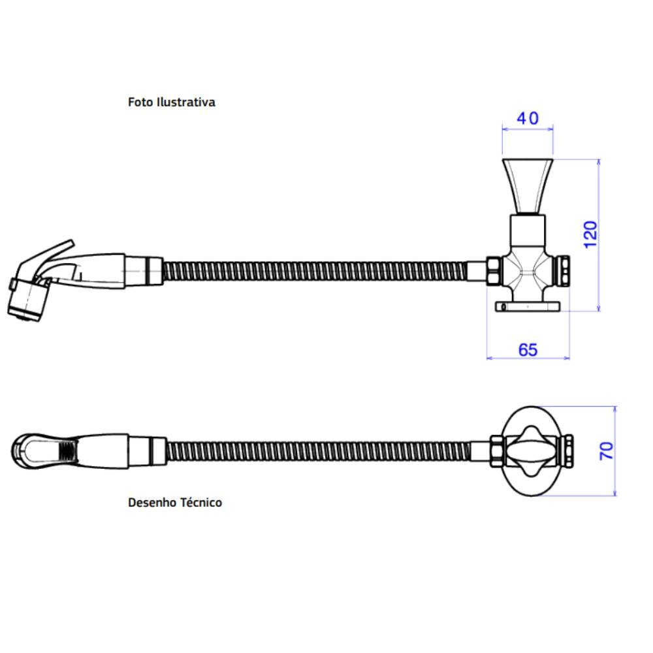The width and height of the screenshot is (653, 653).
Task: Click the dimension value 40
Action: click(528, 118)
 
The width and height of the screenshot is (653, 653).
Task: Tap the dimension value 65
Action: click(528, 349)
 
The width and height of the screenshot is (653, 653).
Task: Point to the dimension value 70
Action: click(607, 451)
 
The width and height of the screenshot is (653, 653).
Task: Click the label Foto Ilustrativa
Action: click(172, 103)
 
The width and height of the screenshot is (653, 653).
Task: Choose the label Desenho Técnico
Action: click(175, 503)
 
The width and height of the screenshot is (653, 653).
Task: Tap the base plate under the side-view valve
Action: click(528, 306)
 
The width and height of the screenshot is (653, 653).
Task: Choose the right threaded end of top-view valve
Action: click(568, 451)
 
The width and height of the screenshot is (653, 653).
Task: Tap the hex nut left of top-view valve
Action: click(496, 451)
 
